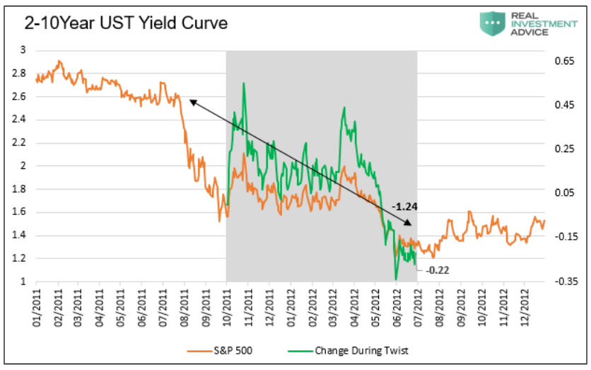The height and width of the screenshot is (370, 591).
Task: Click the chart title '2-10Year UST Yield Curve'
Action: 127,23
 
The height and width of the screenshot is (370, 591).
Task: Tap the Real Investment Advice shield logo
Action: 492,23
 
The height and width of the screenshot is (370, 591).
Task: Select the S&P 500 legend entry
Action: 220,351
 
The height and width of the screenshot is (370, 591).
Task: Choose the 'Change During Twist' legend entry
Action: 348,351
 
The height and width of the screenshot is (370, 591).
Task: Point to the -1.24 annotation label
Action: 404,207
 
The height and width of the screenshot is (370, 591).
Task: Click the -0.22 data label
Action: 437,270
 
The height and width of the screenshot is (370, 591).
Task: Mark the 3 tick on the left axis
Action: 23,50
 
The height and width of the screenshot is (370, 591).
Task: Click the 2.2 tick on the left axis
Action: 19,143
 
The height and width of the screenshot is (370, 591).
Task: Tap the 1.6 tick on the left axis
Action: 19,212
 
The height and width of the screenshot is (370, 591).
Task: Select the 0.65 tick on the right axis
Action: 564,61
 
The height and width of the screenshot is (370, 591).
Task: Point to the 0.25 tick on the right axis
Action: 564,149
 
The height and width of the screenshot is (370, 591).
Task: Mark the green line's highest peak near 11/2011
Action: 244,83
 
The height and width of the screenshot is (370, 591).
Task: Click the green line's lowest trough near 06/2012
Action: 396,279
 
